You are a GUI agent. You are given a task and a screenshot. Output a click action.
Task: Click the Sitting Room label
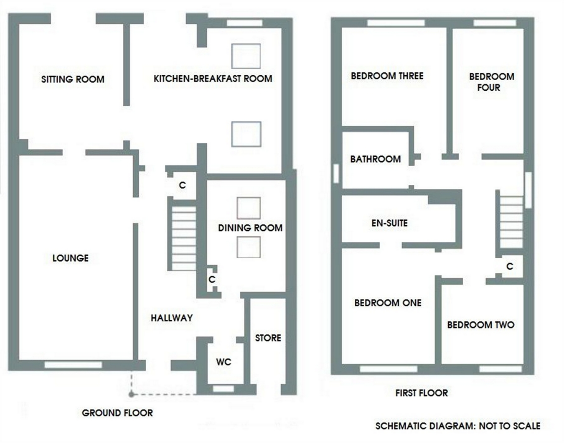pos(73,79)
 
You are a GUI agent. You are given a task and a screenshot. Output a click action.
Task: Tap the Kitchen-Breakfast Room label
pos(213,79)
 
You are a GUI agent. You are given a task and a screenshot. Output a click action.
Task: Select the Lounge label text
pos(70,258)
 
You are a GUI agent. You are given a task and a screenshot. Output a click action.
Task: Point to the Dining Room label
pos(250,228)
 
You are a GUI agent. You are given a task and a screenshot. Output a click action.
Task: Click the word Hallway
pos(172,318)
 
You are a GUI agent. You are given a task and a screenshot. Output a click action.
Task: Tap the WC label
pos(224,362)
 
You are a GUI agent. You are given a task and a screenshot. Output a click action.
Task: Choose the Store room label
pos(268,338)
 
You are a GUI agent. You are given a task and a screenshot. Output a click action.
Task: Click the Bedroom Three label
pos(387,76)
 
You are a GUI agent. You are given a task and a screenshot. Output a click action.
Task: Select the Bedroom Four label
pos(491,82)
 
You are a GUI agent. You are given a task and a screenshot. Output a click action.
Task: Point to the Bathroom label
pos(375,159)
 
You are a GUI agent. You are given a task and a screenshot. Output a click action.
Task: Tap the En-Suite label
pos(389,223)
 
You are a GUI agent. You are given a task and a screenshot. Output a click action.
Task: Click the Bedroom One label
pos(388,303)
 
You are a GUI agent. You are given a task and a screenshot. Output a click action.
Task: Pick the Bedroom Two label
pos(480,325)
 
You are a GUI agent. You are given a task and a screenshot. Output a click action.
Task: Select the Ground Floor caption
pos(117,413)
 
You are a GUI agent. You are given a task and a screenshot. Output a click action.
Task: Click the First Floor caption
pos(421,393)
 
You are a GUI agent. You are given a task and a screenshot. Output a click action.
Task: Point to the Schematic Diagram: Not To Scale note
pos(457,426)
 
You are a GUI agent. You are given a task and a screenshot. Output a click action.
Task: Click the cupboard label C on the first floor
pos(509,266)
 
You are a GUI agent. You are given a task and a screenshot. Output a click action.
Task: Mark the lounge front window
pos(73,365)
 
